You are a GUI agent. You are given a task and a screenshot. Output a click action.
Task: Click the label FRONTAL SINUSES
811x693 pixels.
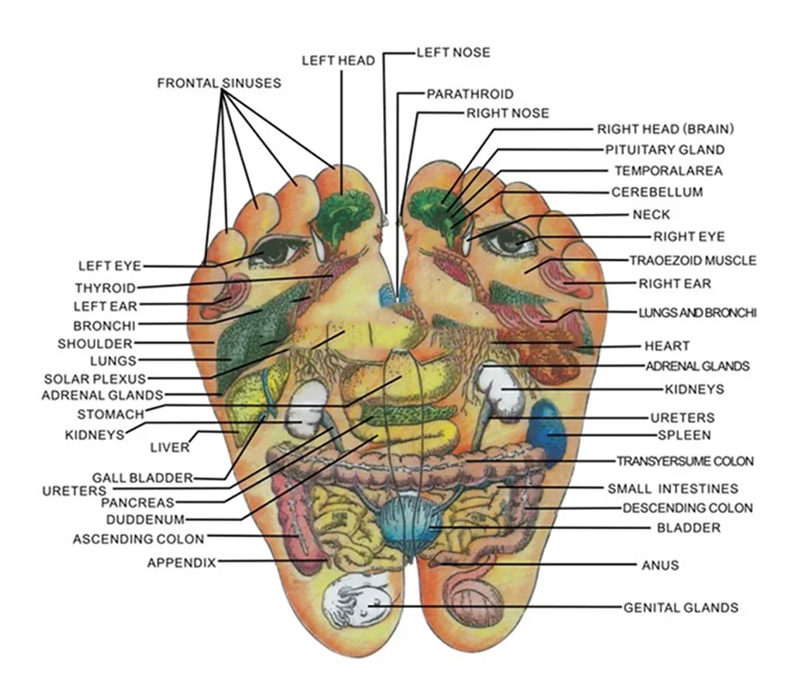tap(218, 83)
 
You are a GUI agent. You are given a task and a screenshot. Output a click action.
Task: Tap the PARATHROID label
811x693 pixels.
tap(470, 94)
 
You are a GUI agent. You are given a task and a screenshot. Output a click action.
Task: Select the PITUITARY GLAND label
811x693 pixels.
tap(665, 150)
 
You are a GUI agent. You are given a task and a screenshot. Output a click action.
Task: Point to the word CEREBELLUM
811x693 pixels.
tap(657, 192)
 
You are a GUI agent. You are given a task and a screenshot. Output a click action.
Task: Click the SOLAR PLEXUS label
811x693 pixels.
tap(95, 379)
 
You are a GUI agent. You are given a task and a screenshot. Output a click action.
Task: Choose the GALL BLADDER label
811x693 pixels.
tap(143, 477)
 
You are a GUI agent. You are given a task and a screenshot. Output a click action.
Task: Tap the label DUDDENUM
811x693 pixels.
tap(145, 520)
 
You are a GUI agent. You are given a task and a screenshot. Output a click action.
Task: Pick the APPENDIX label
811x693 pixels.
tap(181, 562)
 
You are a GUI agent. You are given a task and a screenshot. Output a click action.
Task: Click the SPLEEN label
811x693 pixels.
tap(684, 435)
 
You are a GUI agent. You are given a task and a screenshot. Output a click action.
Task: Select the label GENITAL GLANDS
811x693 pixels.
tap(681, 607)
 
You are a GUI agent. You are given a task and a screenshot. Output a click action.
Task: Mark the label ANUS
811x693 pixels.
tap(659, 566)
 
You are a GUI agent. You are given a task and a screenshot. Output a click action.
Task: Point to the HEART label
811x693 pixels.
tap(667, 346)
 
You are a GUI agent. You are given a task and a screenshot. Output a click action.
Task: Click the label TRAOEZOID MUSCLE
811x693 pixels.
tap(692, 260)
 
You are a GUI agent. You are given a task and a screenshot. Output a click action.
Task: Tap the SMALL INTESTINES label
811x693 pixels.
tap(672, 489)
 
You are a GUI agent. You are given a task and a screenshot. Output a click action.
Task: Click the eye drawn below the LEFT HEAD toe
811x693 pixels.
tap(276, 251)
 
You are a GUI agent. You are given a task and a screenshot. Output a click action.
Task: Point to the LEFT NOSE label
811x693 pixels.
tap(452, 52)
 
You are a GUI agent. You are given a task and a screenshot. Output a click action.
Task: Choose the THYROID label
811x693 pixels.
tap(105, 288)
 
